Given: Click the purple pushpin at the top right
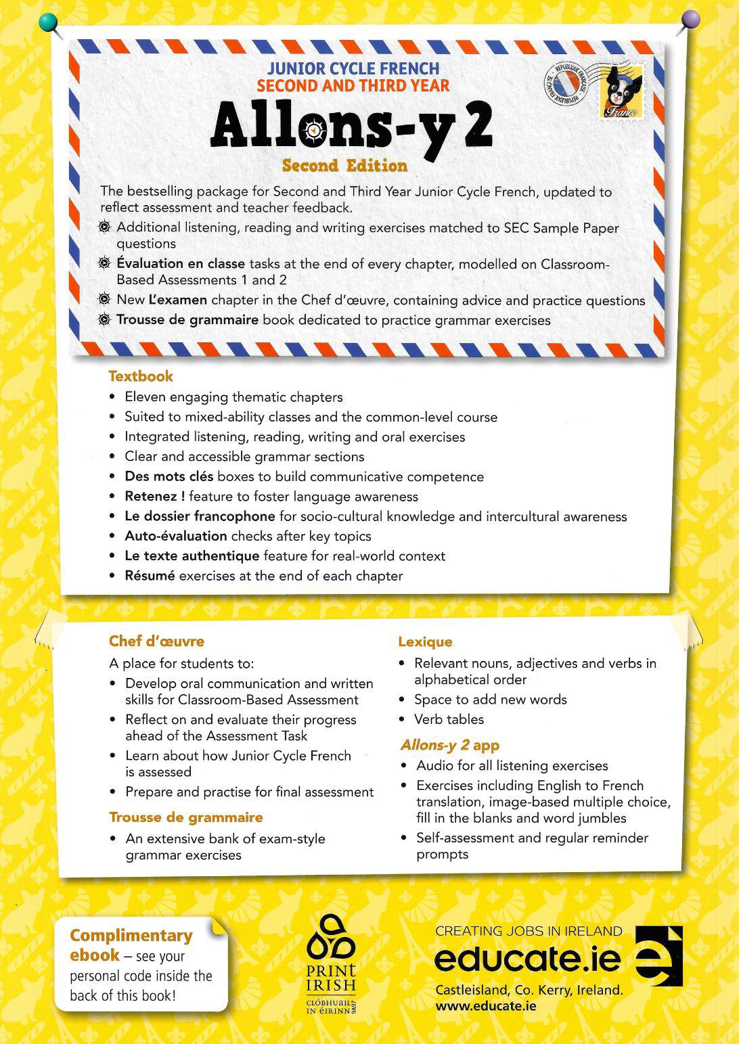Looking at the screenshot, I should pos(690,19).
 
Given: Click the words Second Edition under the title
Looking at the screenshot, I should pos(345,166).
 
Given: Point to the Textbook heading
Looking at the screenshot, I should pos(141,377).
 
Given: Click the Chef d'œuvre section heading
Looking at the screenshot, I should pos(156,641).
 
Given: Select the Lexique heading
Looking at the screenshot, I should pos(425,642).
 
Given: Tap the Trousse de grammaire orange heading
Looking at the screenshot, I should pos(186,817).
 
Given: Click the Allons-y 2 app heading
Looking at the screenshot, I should pos(450,746).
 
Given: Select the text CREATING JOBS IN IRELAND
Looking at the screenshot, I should pos(529,931).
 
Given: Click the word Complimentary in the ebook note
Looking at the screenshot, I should pos(131,936).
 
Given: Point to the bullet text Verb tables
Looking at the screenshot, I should pos(449,719).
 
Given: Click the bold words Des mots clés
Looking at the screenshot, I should pos(169,476).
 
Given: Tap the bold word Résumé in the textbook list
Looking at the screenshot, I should pos(150,576).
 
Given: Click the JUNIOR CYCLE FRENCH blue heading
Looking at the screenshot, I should pos(353,68).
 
